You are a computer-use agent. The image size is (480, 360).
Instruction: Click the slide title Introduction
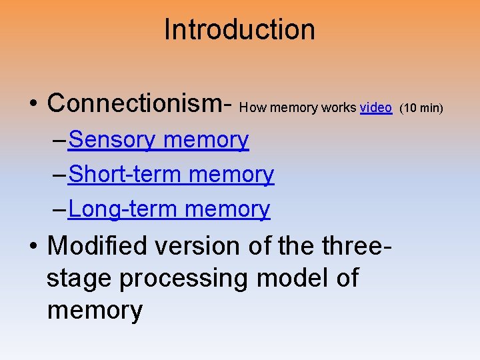pos(239,30)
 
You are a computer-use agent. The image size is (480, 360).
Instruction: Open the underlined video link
pos(375,107)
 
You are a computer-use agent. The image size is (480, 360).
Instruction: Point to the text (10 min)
pos(421,108)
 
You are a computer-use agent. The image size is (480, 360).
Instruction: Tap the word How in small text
pos(250,108)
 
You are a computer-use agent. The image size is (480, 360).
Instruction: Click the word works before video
pos(339,108)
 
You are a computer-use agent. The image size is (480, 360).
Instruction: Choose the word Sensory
pos(111,140)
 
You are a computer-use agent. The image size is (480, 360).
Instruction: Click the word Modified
pos(98,246)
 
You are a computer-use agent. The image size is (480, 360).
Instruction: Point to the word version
pos(192,246)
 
